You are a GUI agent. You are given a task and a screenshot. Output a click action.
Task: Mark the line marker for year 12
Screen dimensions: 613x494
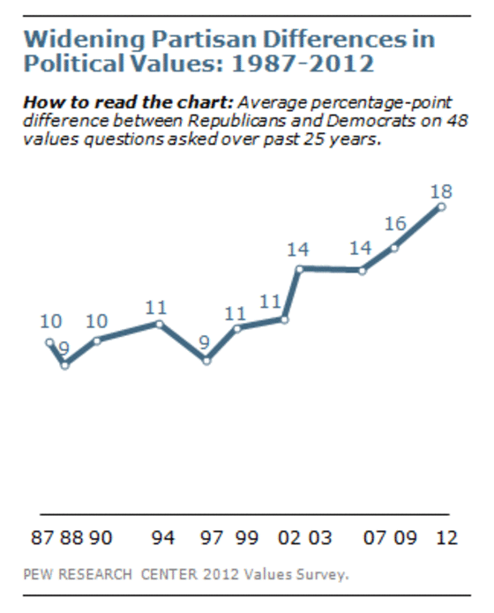441,206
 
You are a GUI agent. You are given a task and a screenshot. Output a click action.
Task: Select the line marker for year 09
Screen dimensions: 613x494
394,247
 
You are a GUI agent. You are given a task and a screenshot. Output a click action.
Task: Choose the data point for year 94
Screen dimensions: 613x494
160,324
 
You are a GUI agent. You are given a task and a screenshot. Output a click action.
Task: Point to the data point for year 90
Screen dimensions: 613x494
97,340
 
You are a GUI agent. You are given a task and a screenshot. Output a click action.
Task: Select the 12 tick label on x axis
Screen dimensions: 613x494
447,538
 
